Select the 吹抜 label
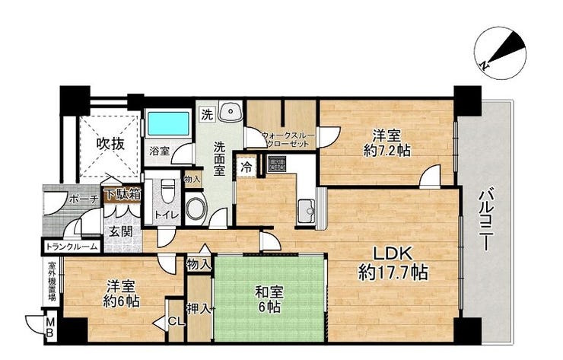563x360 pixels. coord(110,142)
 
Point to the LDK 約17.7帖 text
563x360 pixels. coord(392,263)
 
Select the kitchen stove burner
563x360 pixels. coord(274,162)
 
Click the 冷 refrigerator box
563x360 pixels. coord(247,165)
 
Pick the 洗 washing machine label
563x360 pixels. coord(207,115)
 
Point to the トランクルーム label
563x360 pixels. coord(72,247)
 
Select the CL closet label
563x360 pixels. coord(173,320)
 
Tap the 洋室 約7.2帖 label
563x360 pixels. coord(386,143)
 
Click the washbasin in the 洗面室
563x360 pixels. coord(229,113)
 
